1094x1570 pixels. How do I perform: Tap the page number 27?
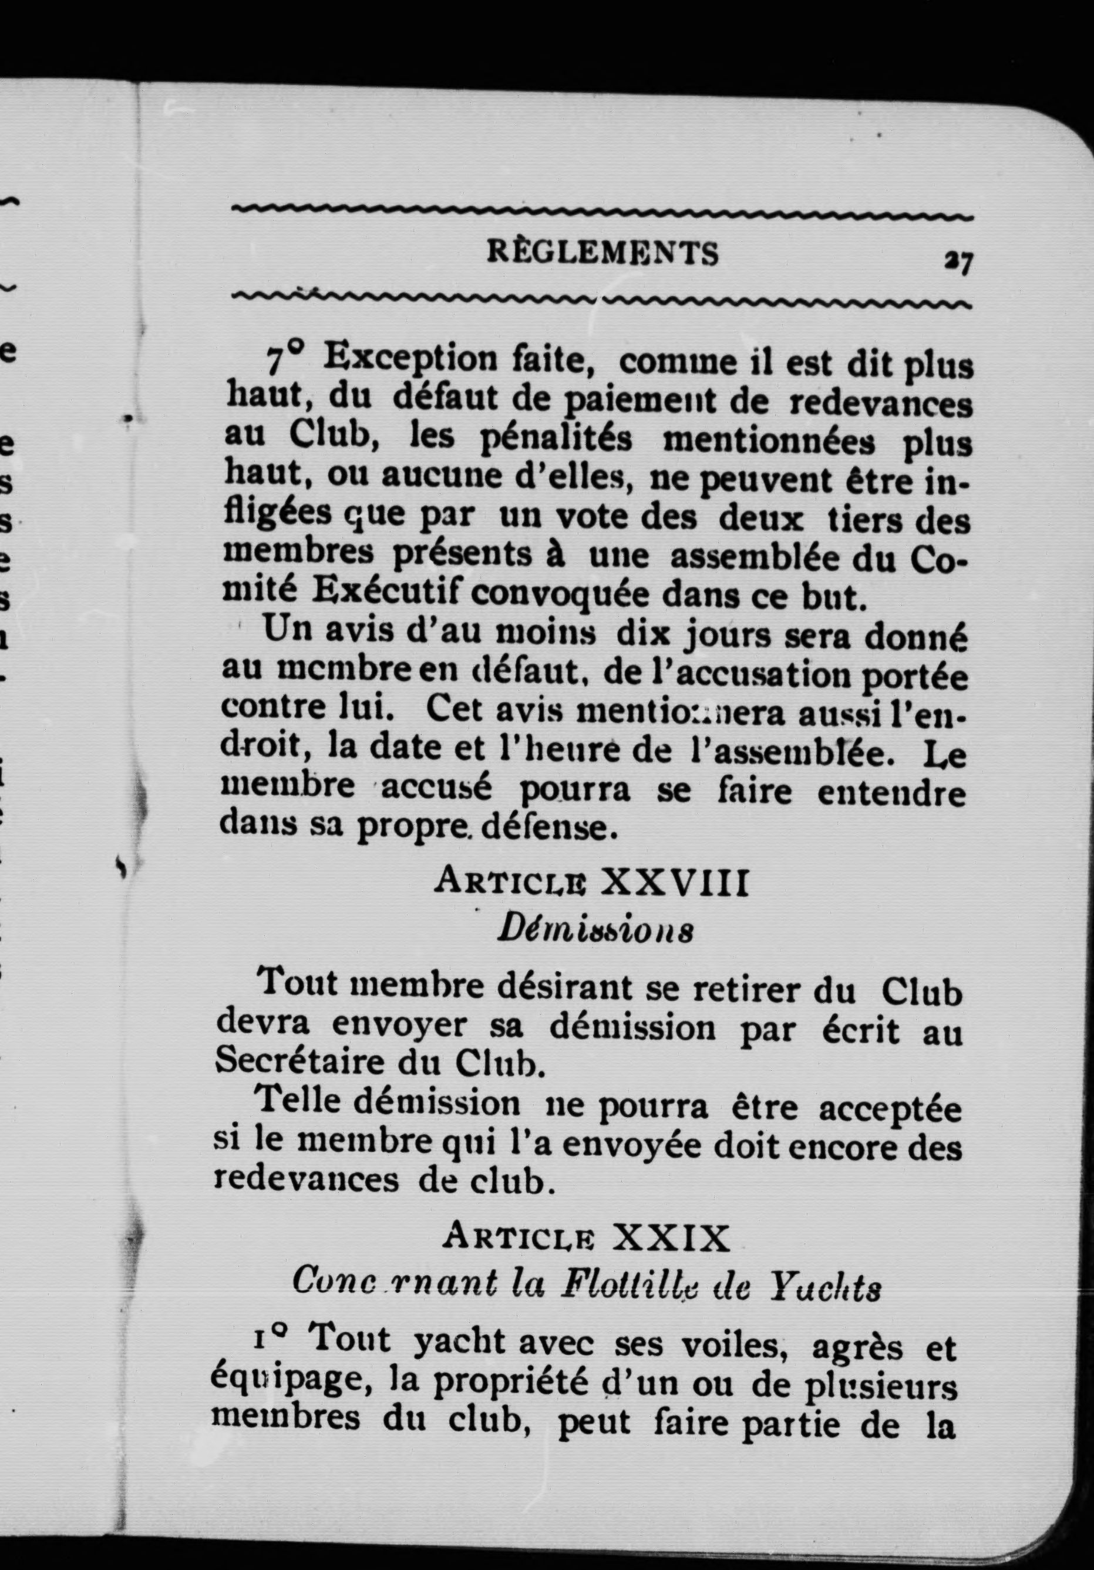(x=958, y=261)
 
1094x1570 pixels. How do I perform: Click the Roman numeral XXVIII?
(x=674, y=883)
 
